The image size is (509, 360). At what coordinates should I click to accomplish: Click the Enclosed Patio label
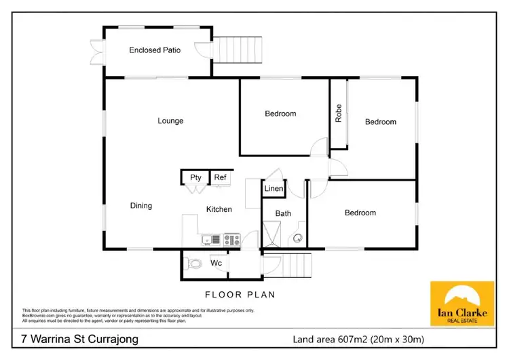click(155, 50)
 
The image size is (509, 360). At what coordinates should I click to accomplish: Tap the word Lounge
click(170, 121)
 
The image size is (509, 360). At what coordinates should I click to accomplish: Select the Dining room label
click(141, 206)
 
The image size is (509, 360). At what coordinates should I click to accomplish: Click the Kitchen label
click(219, 209)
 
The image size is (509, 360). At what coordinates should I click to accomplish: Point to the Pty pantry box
click(195, 178)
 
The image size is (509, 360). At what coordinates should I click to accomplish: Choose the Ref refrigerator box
click(221, 178)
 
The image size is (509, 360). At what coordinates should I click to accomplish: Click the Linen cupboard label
click(274, 188)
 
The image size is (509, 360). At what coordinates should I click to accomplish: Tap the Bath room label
click(283, 213)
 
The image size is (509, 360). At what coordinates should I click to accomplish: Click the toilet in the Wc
click(195, 264)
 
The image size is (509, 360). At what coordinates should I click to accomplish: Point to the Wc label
click(216, 263)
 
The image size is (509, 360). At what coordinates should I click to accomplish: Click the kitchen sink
click(208, 239)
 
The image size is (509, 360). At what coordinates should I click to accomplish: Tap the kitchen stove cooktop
click(232, 239)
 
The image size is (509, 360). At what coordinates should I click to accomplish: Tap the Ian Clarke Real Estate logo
click(462, 304)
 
